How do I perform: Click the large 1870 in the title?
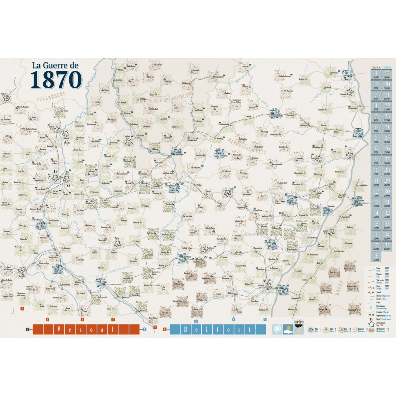pyautogui.click(x=56, y=79)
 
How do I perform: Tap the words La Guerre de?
pyautogui.click(x=55, y=65)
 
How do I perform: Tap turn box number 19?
pyautogui.click(x=387, y=73)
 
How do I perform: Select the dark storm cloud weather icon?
pyautogui.click(x=299, y=330)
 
